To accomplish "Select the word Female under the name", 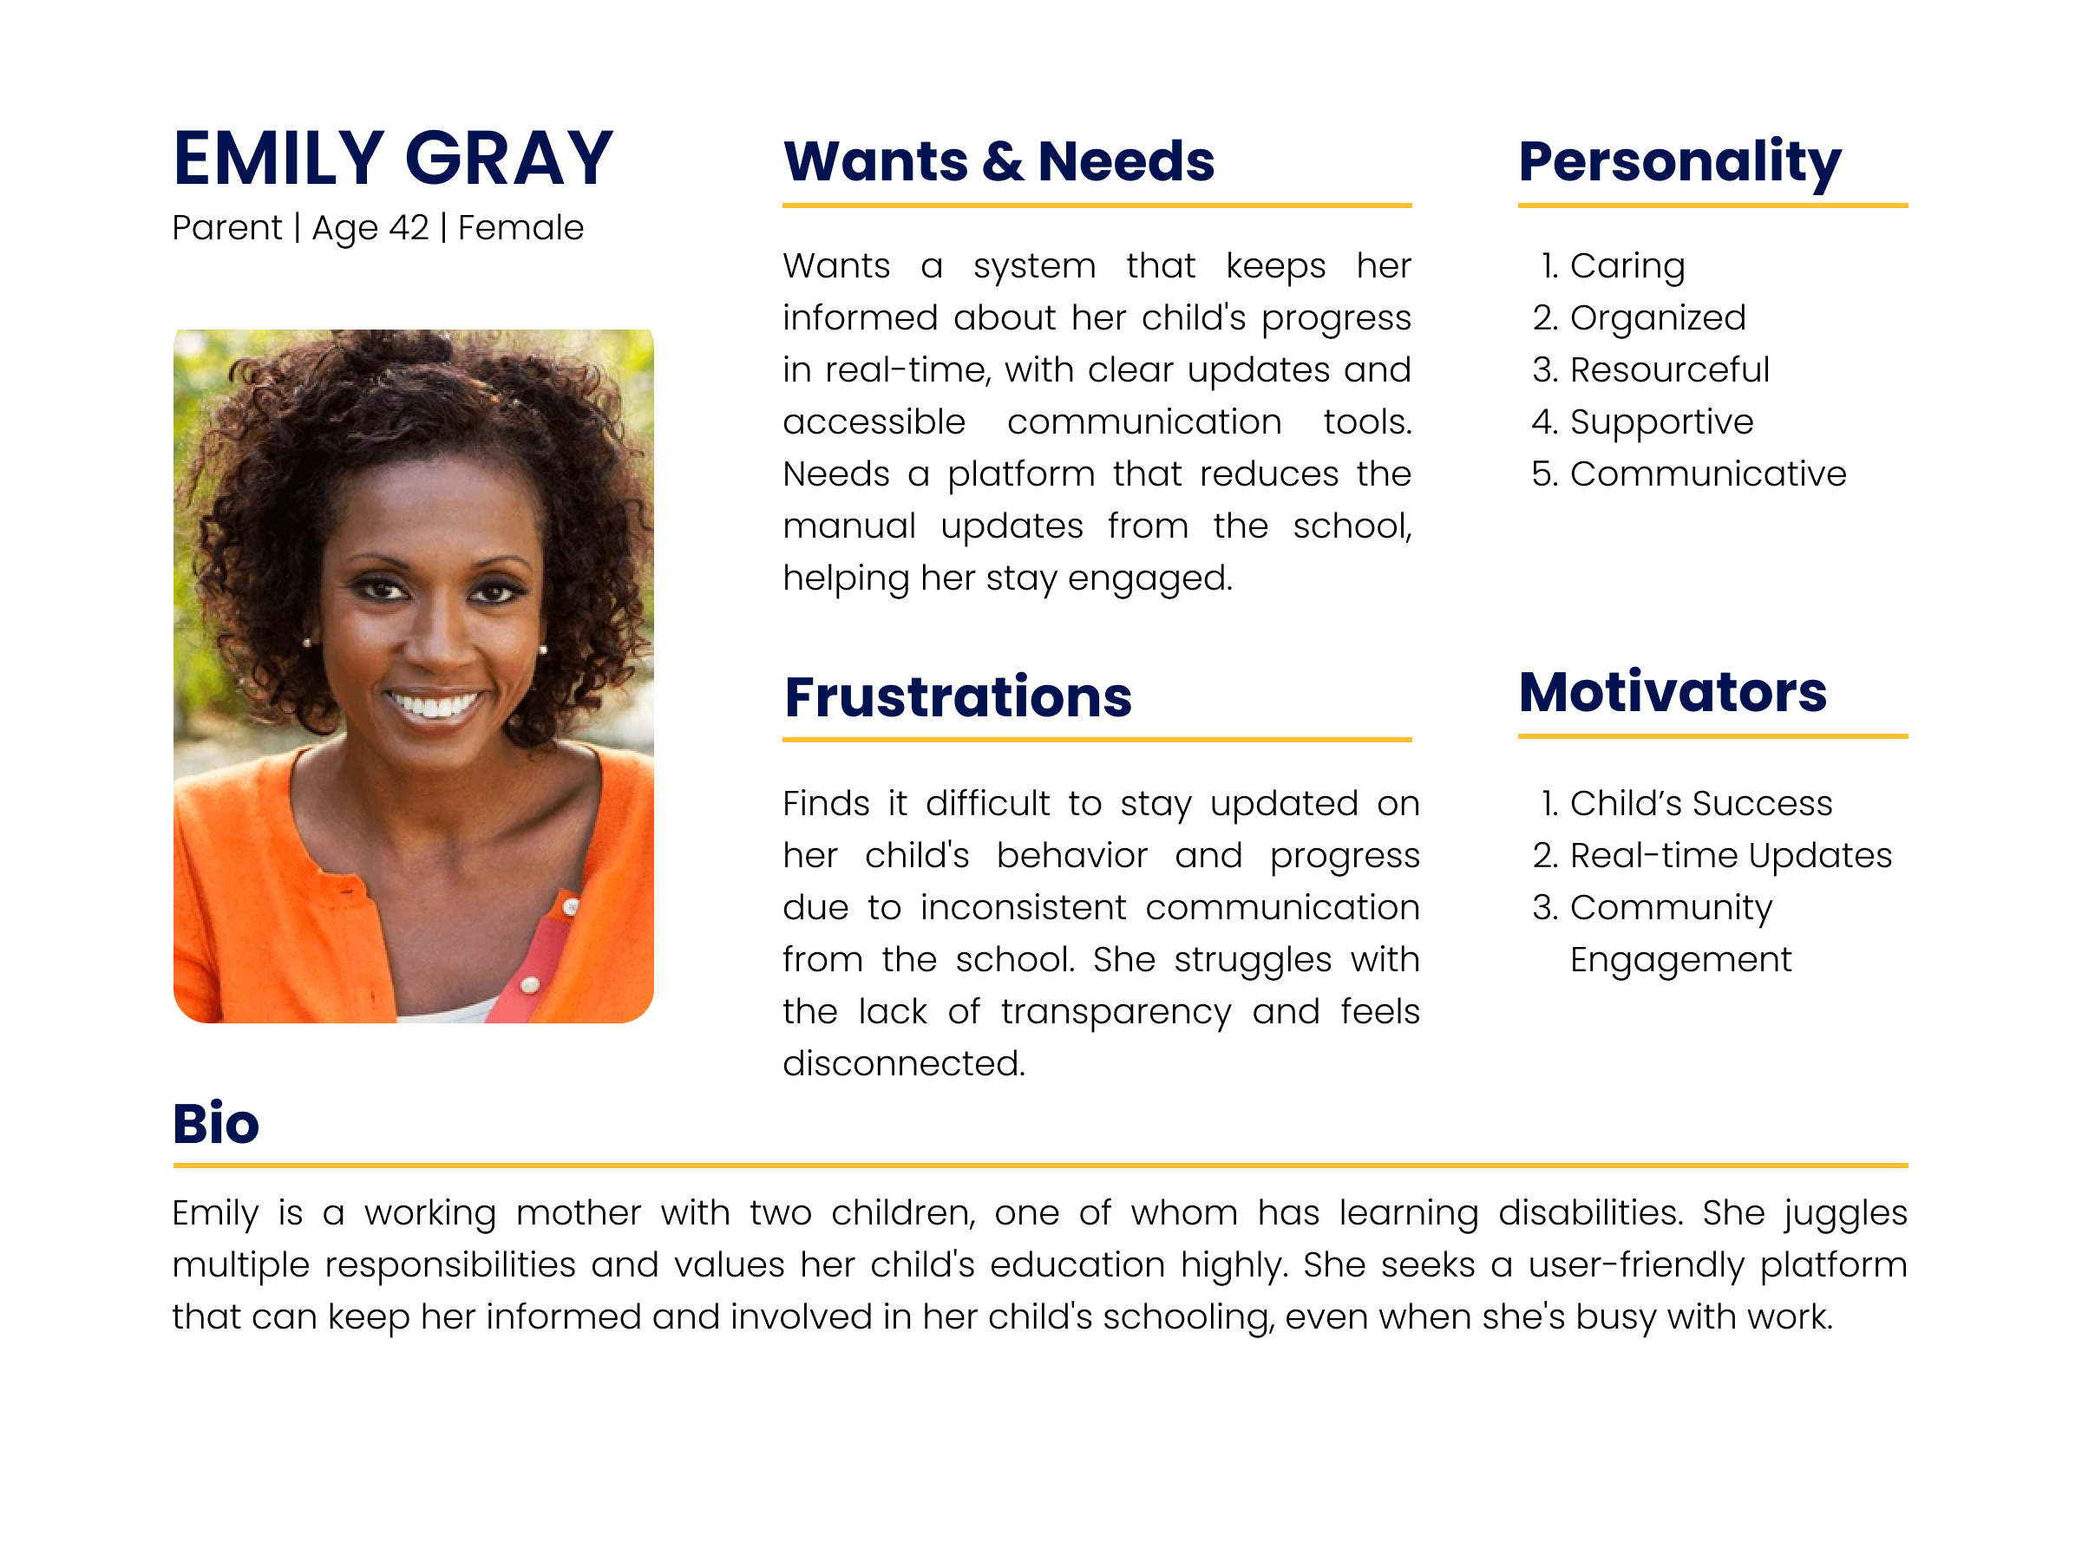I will (520, 228).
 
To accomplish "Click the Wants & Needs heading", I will (998, 161).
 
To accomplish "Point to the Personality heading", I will (1679, 161).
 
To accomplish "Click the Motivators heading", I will (1672, 693).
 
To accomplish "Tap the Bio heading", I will (215, 1123).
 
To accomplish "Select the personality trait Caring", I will (1627, 266).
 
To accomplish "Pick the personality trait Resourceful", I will (1669, 369).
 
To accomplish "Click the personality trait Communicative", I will (1707, 474).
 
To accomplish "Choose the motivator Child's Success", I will (1701, 804).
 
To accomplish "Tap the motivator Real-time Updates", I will (1730, 855).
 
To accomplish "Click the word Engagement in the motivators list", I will (1680, 960).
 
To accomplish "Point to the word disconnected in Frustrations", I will (904, 1063).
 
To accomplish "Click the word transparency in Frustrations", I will (1116, 1011).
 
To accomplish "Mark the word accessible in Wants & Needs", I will (874, 421).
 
